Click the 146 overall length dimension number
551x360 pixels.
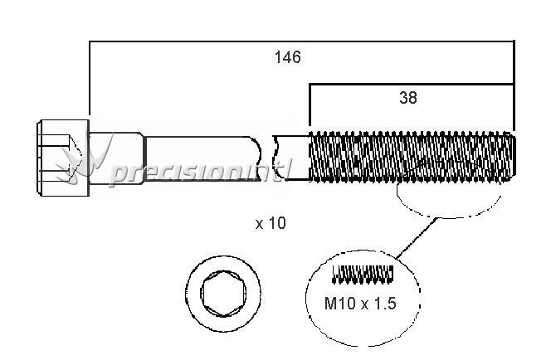pos(287,57)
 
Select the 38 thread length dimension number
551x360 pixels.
pos(408,98)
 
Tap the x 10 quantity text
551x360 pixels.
pos(271,223)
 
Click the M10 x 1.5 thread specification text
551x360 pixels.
pos(360,304)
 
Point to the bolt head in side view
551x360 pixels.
pos(63,158)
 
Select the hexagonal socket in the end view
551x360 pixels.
pos(223,294)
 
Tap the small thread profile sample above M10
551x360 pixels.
pos(363,274)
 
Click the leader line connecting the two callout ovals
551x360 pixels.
pos(417,238)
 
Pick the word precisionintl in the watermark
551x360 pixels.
pos(200,172)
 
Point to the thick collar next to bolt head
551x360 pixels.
pos(116,158)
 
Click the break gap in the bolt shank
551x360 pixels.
pos(267,158)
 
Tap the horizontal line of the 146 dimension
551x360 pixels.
pos(302,41)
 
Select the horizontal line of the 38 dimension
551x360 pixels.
pos(412,85)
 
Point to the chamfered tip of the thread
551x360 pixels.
pos(513,157)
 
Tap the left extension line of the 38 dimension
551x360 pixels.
pos(310,105)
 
